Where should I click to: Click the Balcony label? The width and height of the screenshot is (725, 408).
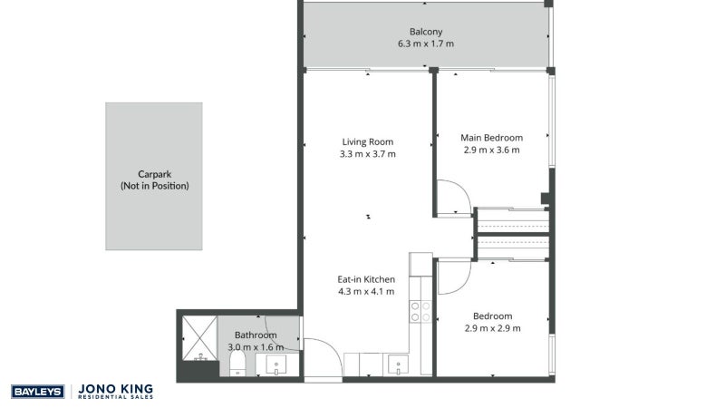coord(426,30)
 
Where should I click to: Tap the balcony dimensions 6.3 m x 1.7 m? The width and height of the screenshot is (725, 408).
coord(426,43)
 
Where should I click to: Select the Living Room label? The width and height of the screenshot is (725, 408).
coord(368,141)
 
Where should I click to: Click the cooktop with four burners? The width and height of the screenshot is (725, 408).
coord(421,312)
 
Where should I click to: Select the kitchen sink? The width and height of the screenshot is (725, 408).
coord(398,365)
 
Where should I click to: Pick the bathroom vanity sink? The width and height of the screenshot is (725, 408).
coord(274,365)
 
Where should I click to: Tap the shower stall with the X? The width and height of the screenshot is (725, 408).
coord(198,336)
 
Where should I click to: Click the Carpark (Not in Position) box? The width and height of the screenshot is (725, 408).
coord(154,176)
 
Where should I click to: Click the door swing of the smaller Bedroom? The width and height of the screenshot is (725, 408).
coord(452,277)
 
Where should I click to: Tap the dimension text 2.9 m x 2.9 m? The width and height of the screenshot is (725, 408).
coord(492,328)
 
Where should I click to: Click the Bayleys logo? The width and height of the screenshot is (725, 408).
coord(36,392)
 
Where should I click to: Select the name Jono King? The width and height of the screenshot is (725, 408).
coord(116,388)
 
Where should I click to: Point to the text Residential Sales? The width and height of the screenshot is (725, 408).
coord(116,398)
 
